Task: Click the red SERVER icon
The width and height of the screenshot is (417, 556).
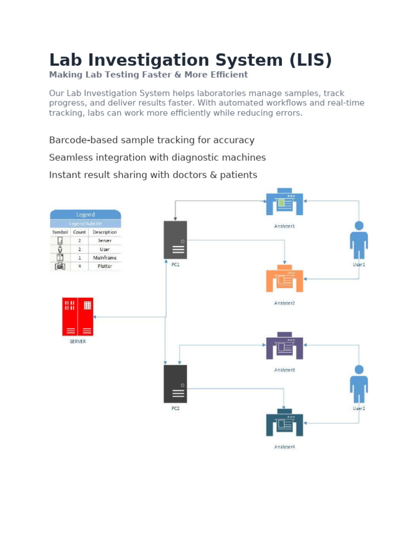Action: pyautogui.click(x=78, y=317)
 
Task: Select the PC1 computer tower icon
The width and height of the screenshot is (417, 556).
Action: pyautogui.click(x=175, y=240)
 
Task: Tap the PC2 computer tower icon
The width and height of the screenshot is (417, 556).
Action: pyautogui.click(x=175, y=383)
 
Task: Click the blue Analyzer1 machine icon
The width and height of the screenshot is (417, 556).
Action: pyautogui.click(x=285, y=202)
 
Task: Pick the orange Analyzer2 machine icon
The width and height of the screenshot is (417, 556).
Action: pyautogui.click(x=285, y=279)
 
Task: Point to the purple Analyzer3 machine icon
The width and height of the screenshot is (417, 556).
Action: pyautogui.click(x=285, y=346)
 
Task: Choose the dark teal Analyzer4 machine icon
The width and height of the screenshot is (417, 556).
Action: pyautogui.click(x=285, y=423)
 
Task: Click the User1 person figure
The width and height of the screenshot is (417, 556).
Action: pyautogui.click(x=358, y=240)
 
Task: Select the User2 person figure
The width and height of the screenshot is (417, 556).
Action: pyautogui.click(x=358, y=384)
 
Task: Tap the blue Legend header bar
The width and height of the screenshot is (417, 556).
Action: pyautogui.click(x=85, y=214)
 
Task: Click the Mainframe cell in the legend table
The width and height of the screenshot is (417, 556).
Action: pyautogui.click(x=104, y=258)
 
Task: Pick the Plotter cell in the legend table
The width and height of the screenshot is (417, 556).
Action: pyautogui.click(x=104, y=267)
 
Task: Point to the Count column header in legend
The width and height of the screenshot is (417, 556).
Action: pyautogui.click(x=79, y=232)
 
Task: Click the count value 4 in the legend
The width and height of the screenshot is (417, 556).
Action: pyautogui.click(x=79, y=267)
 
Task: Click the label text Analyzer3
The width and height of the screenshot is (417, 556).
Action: pyautogui.click(x=285, y=370)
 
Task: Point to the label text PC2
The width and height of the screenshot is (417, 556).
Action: pyautogui.click(x=175, y=408)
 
